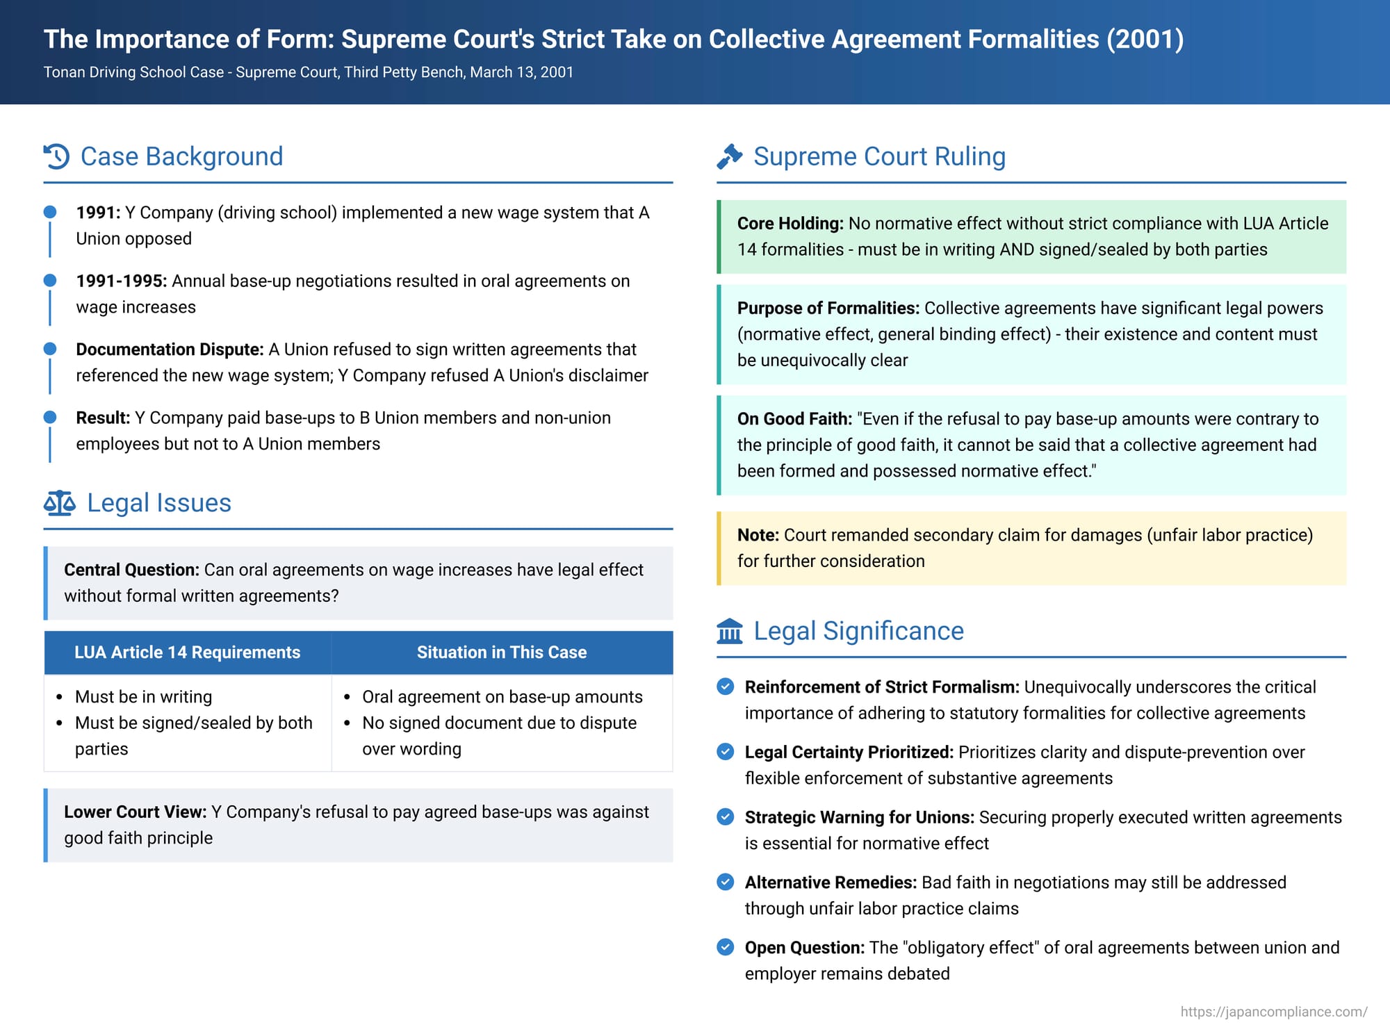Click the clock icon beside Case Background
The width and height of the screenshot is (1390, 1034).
point(56,156)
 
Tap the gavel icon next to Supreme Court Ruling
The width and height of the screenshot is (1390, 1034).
point(729,156)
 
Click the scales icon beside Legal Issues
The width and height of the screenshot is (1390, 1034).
point(59,502)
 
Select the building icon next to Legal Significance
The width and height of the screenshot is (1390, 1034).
point(729,631)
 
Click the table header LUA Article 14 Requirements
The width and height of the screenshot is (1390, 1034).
point(187,653)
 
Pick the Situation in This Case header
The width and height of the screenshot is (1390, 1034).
point(501,653)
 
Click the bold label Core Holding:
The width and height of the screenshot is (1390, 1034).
point(790,224)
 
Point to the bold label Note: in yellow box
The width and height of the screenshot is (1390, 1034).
point(758,535)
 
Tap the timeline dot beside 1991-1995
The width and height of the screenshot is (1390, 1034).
point(50,280)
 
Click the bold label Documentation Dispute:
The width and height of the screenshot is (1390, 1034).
point(170,350)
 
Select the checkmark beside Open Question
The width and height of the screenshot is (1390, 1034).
point(725,947)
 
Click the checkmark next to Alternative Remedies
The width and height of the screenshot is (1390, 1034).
point(725,882)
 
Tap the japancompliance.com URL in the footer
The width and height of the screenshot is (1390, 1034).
point(1273,1012)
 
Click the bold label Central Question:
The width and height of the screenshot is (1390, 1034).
point(131,570)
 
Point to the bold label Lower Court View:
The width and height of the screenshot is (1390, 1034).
point(135,812)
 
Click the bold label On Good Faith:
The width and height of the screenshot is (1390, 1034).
point(794,419)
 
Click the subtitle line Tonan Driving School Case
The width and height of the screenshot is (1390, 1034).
point(308,72)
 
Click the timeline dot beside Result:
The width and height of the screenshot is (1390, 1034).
point(50,417)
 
